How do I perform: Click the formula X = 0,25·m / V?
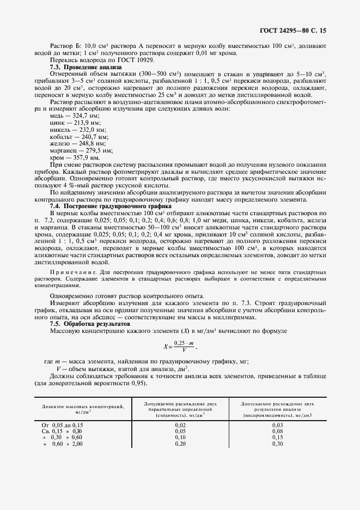coord(179,347)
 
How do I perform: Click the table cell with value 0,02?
coord(180,424)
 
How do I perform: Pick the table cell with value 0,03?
coord(277,424)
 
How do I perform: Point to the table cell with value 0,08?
coord(277,430)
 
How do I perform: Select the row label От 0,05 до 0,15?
coord(62,424)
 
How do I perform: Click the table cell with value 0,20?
coord(180,444)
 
